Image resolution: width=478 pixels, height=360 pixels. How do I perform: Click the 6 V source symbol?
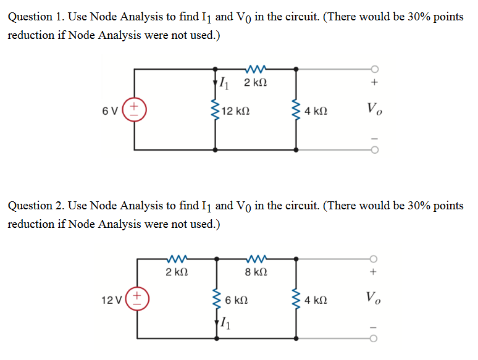click(136, 111)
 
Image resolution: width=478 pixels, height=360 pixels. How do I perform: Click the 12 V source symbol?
click(136, 300)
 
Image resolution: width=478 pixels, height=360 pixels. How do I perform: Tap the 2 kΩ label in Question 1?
click(256, 83)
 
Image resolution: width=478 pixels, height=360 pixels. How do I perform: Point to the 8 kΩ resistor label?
click(256, 272)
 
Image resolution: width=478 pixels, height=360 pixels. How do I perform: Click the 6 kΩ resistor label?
click(238, 301)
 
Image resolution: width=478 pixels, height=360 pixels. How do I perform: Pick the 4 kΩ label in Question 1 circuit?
click(316, 112)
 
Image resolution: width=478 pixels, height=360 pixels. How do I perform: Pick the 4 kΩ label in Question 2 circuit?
click(316, 301)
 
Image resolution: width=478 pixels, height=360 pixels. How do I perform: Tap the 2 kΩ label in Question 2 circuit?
click(177, 272)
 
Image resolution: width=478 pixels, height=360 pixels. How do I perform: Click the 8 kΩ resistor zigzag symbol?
click(256, 258)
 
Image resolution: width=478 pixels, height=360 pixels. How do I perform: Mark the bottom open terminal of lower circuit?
click(374, 338)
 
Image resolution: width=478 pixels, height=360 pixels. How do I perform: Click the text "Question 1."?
click(34, 17)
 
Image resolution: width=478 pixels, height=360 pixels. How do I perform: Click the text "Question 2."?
click(34, 206)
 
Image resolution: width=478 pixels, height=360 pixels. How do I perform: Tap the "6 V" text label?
click(111, 112)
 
